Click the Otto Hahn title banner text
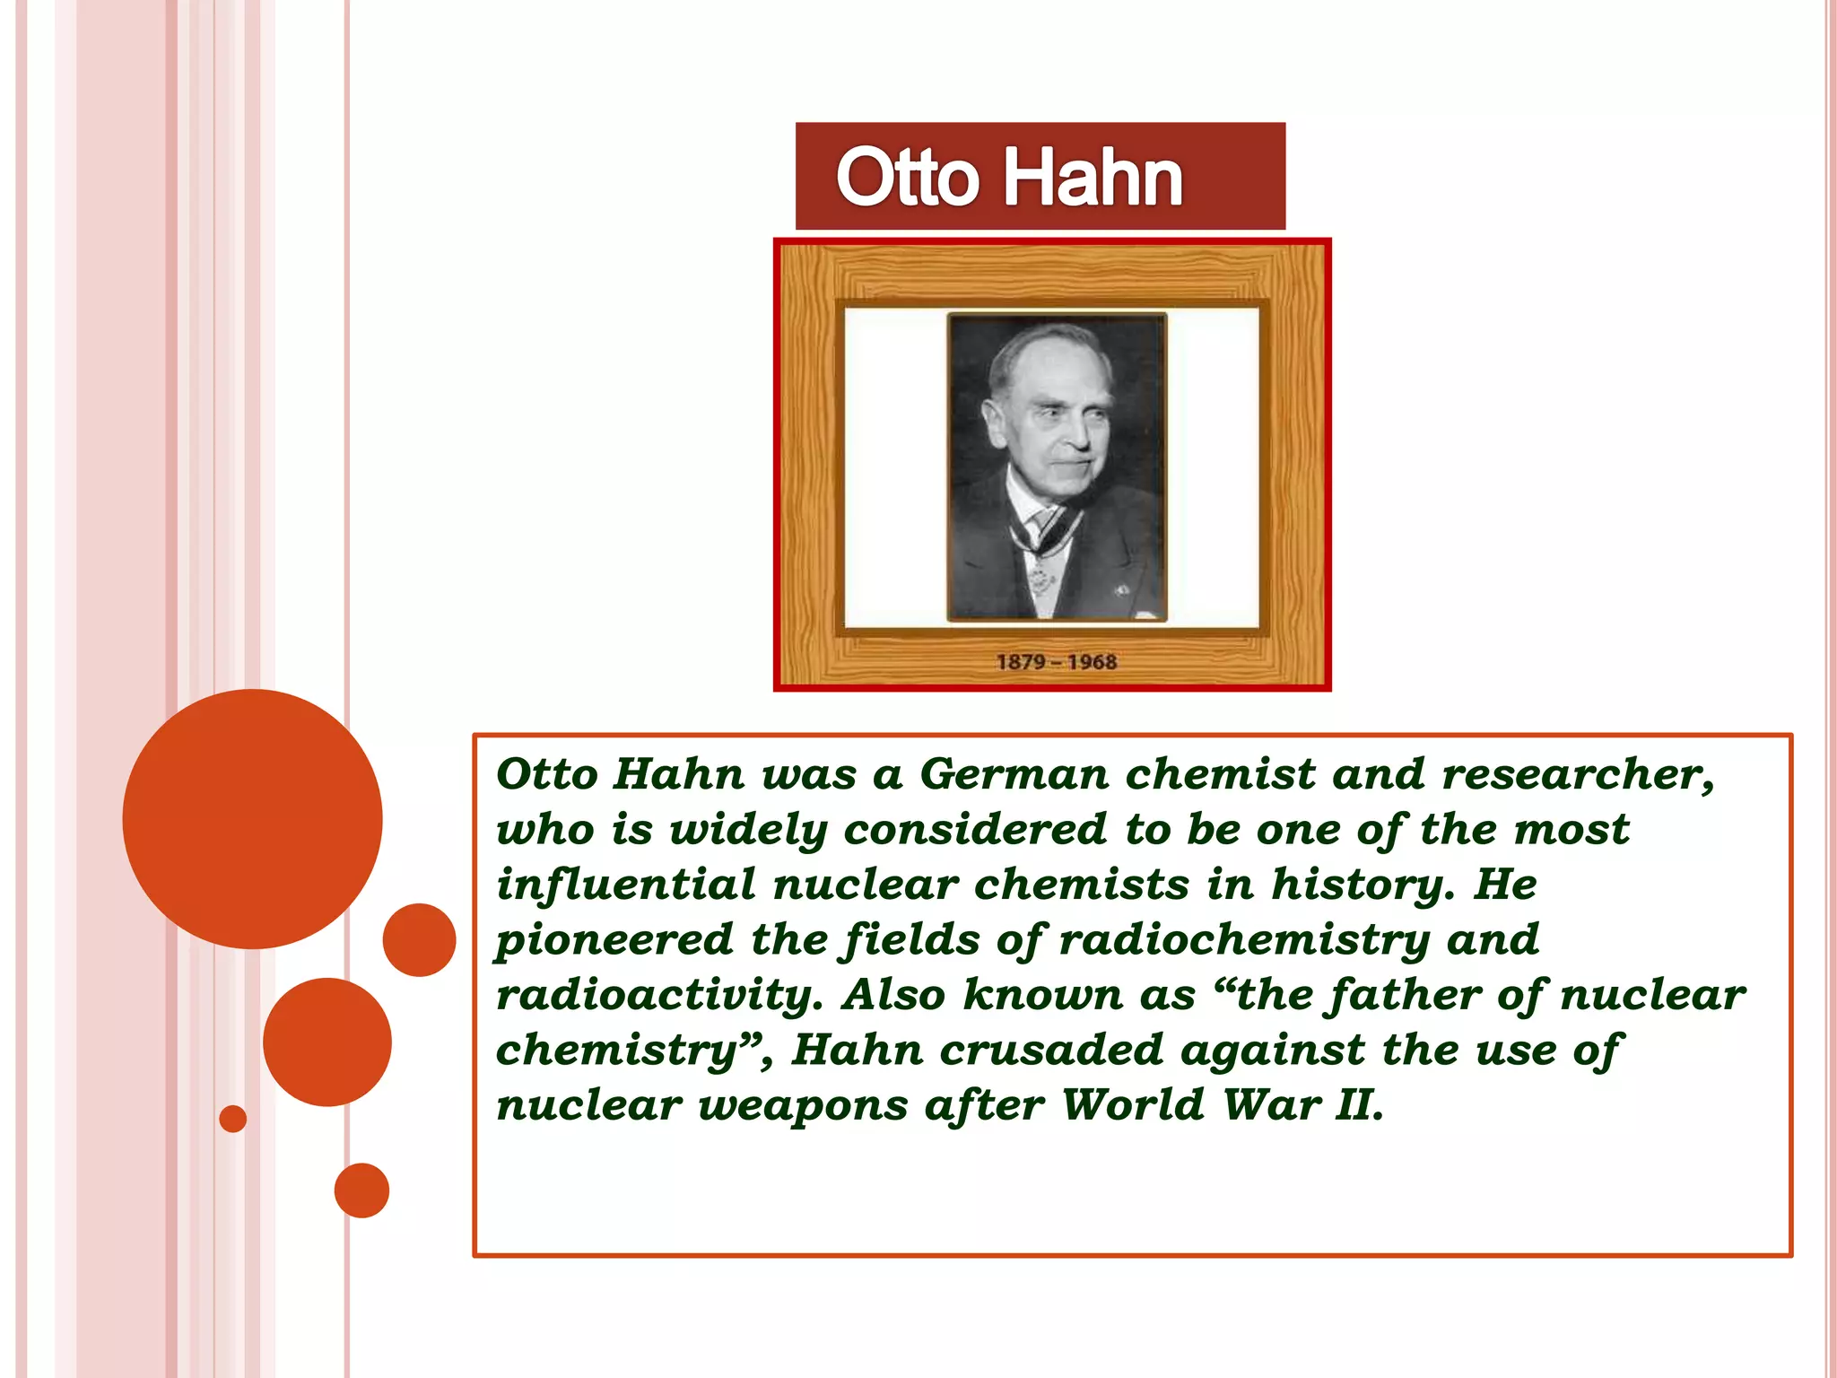1009,177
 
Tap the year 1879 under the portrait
1021,662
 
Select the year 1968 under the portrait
1092,662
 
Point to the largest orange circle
252,818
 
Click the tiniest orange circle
232,1119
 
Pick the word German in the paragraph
1014,773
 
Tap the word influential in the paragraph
626,885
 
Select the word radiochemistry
1244,940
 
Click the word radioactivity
658,996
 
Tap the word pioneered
614,940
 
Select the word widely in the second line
748,829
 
